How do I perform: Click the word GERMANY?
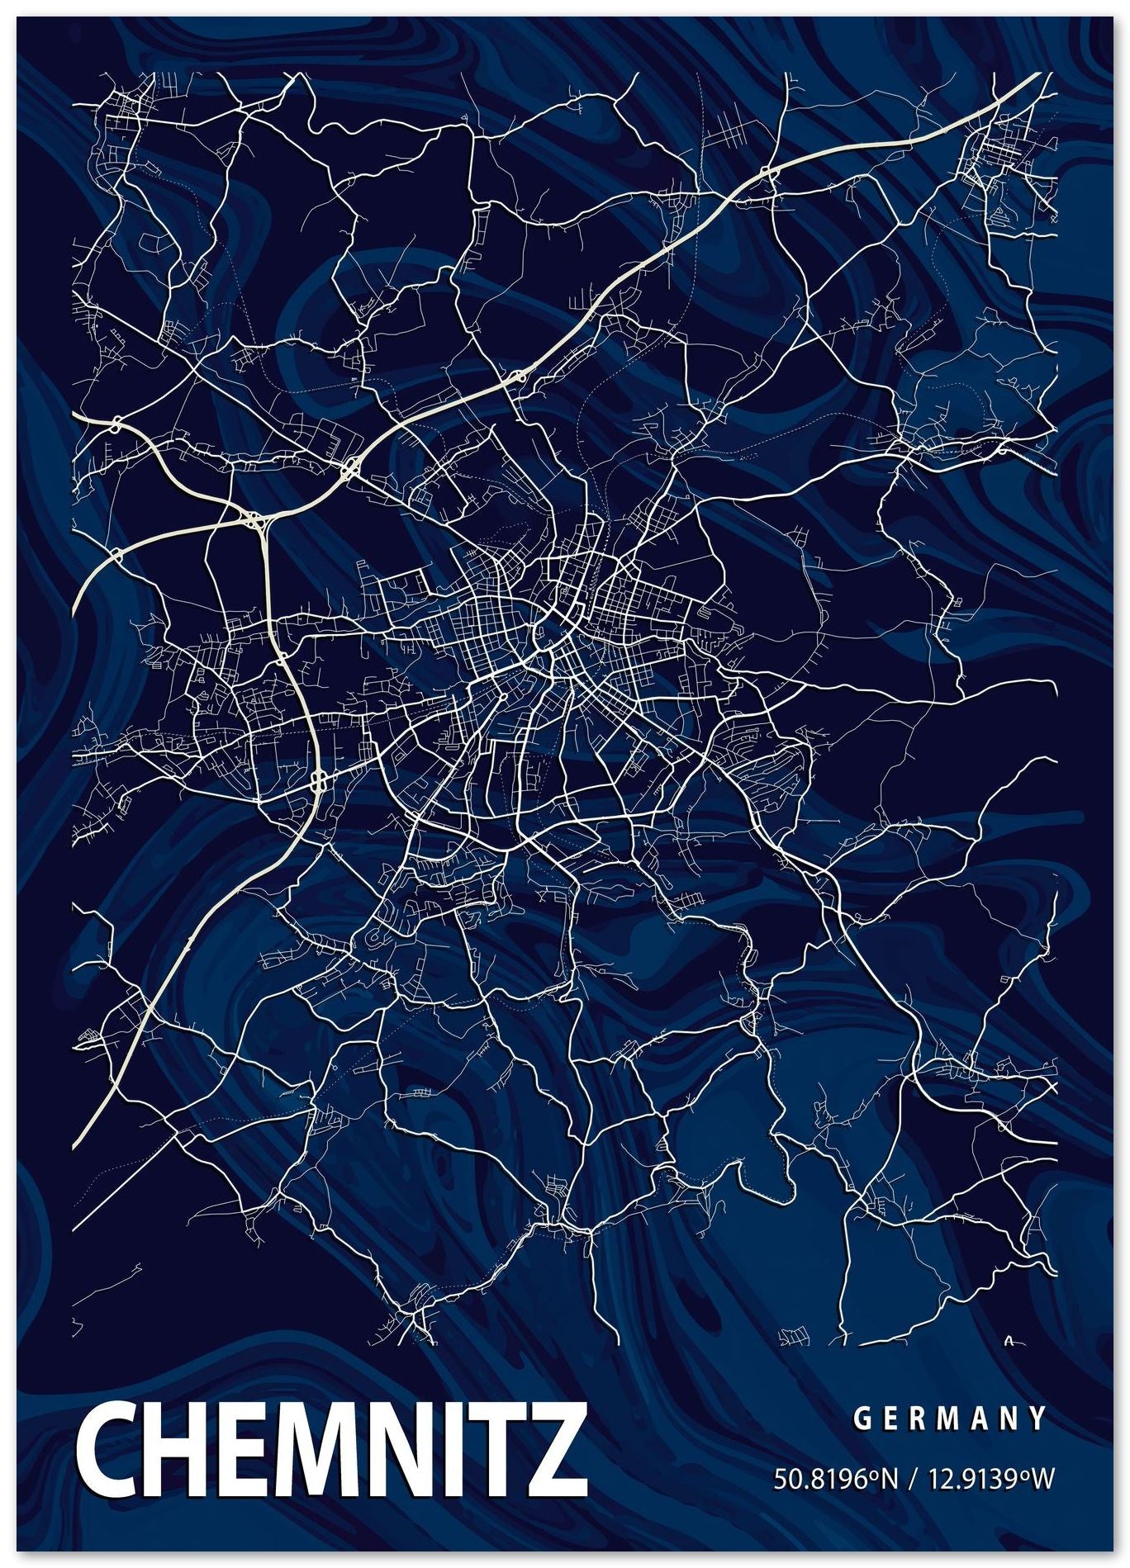click(949, 1419)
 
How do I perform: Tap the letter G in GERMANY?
click(861, 1419)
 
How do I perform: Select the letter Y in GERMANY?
click(1038, 1419)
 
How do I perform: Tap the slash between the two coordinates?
click(909, 1478)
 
